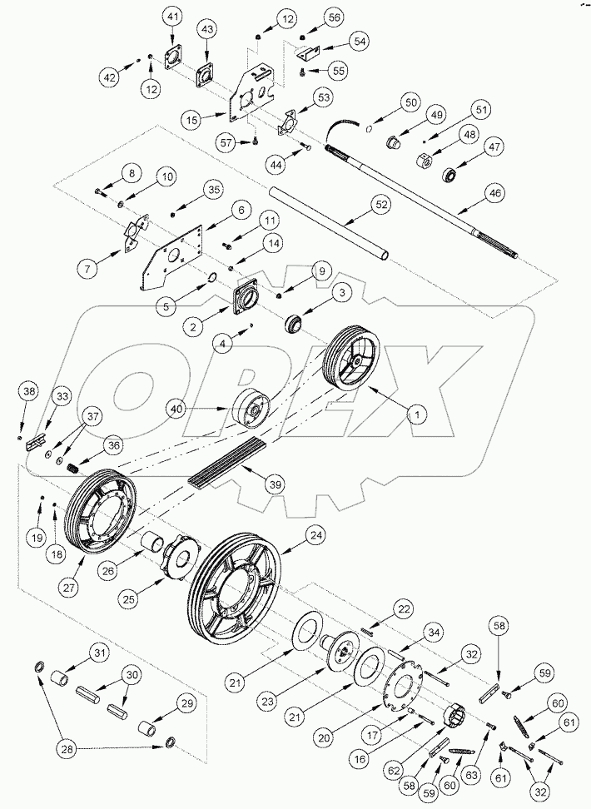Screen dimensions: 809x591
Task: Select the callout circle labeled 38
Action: tap(29, 391)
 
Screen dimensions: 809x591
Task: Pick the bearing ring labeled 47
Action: tap(450, 175)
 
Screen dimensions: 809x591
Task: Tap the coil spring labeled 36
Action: tap(75, 468)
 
